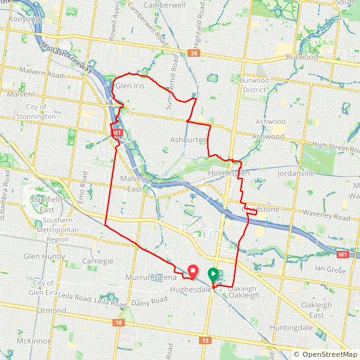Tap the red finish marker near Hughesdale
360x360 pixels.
pyautogui.click(x=192, y=270)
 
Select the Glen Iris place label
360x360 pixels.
pyautogui.click(x=130, y=86)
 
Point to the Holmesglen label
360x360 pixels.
pyautogui.click(x=229, y=172)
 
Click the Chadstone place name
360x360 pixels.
pyautogui.click(x=261, y=209)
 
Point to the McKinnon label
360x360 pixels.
pyautogui.click(x=33, y=341)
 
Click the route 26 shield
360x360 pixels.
pyautogui.click(x=194, y=53)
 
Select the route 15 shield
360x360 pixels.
pyautogui.click(x=205, y=340)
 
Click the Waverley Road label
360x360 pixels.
pyautogui.click(x=332, y=218)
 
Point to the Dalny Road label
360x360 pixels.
pyautogui.click(x=150, y=301)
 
